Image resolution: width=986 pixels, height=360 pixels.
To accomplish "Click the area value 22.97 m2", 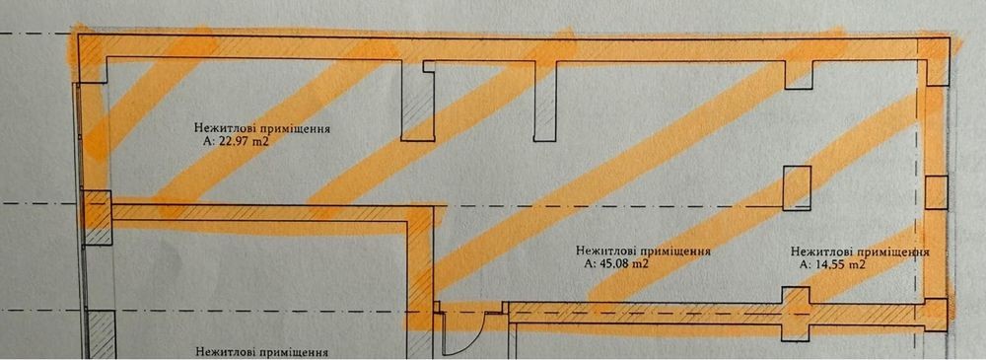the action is [237, 142].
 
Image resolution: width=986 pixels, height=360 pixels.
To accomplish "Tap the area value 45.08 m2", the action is [616, 263].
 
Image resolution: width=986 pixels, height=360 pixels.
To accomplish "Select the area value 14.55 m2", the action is [832, 265].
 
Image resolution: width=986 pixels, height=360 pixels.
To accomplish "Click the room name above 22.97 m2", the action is [263, 129].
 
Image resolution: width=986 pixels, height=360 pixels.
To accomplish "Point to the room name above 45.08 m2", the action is [643, 251].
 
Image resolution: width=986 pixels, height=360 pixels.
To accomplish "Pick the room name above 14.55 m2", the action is [861, 252].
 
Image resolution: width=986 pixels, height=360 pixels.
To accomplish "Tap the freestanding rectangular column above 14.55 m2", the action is [797, 187].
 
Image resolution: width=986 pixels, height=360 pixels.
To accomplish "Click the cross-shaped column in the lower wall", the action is [796, 314].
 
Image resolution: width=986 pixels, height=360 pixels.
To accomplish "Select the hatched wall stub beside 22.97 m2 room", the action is [417, 101].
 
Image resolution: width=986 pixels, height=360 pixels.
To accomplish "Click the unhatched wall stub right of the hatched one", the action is [544, 101].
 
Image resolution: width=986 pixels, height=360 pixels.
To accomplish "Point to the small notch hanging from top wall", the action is [800, 74].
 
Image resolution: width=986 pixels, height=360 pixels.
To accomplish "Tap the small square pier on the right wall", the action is [937, 192].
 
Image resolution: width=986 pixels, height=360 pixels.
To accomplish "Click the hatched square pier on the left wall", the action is [98, 218].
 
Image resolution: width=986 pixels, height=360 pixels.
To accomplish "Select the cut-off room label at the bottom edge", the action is [263, 352].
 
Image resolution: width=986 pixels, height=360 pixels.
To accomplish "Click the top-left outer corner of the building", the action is [78, 36].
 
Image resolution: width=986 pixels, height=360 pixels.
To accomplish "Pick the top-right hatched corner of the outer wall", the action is [933, 60].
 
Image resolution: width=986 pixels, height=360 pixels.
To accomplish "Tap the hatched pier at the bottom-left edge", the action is [101, 334].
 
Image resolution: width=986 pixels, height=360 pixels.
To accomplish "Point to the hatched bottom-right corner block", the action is [932, 314].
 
